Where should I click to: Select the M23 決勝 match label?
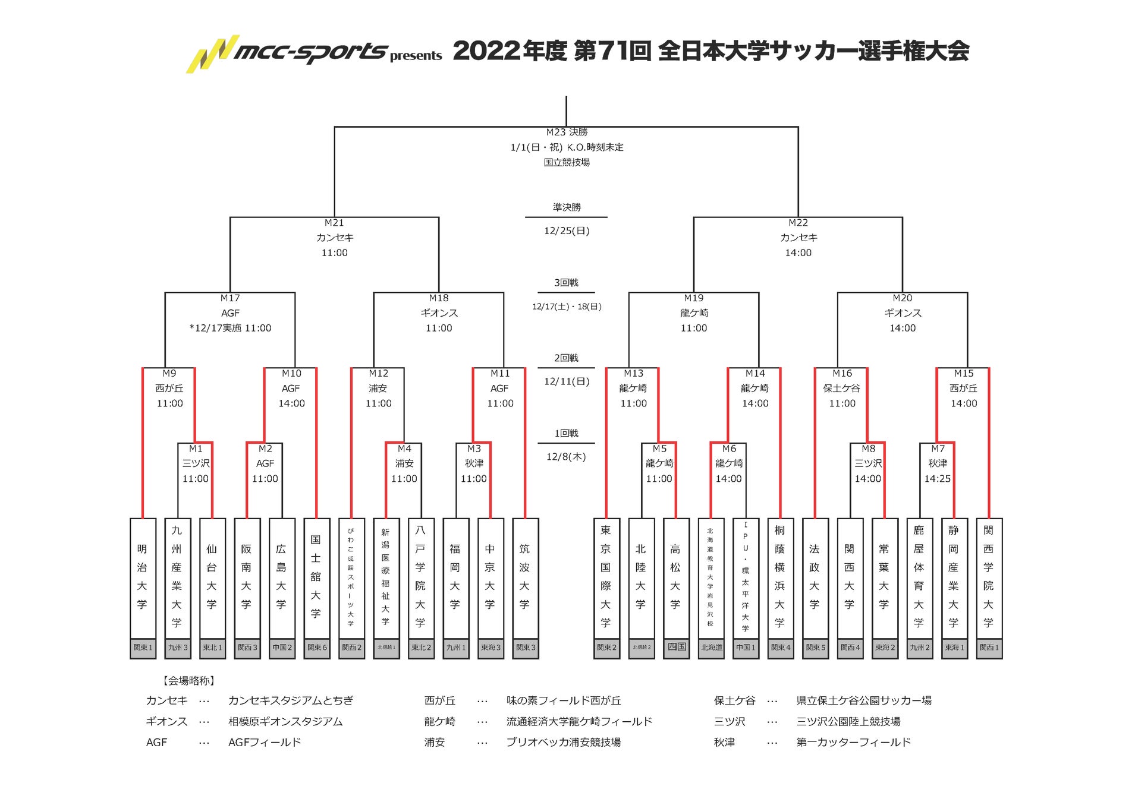[566, 132]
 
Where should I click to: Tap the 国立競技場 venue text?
[566, 162]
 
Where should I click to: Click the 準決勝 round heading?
[566, 207]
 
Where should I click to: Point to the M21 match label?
[334, 223]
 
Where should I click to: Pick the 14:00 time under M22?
[798, 253]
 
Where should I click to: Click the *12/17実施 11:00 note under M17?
[230, 328]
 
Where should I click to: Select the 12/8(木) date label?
[566, 457]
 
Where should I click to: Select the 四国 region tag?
[676, 646]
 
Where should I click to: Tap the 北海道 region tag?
[711, 648]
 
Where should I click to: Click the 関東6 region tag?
[316, 648]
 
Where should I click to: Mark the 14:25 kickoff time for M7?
[937, 479]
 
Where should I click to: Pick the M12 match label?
[378, 374]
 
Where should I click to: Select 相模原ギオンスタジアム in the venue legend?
[285, 722]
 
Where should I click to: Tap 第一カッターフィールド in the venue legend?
[853, 743]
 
